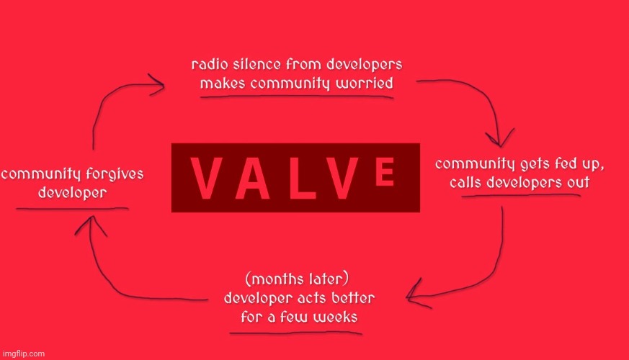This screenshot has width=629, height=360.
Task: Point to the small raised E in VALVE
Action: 385,171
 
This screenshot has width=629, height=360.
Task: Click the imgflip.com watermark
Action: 23,354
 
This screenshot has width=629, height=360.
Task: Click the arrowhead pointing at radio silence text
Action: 156,84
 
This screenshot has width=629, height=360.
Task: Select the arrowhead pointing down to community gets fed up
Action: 500,138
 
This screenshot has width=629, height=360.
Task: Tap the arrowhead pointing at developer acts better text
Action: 417,294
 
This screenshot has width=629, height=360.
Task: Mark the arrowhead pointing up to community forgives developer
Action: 91,225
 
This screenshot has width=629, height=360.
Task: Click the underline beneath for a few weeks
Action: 295,333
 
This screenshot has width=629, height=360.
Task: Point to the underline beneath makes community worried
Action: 297,96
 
